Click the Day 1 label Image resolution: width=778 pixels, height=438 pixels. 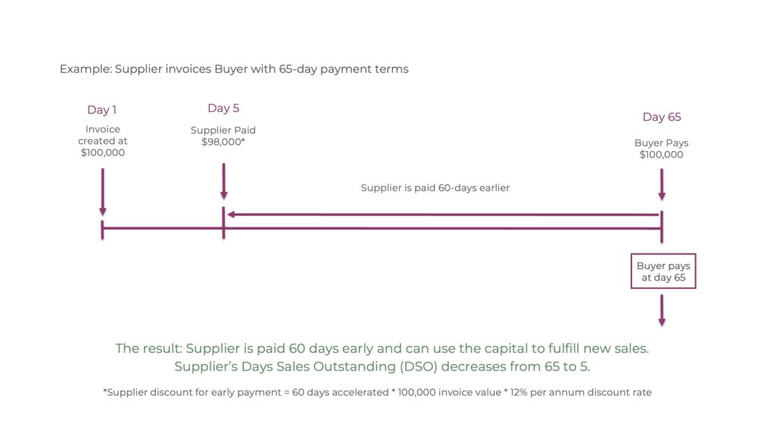tap(102, 109)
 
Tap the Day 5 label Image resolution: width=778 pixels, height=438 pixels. tap(223, 108)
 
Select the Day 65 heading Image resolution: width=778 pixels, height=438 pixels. tap(662, 117)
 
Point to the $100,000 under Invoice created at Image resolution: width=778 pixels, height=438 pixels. tap(103, 153)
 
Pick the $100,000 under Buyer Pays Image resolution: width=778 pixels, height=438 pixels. tap(662, 155)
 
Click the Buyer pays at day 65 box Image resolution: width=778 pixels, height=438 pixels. tap(663, 271)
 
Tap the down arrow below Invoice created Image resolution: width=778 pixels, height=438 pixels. tap(103, 192)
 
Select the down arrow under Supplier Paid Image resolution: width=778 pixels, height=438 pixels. tap(224, 181)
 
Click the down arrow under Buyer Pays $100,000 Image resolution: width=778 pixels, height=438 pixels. tap(662, 184)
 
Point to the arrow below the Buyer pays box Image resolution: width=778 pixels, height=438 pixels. tap(662, 310)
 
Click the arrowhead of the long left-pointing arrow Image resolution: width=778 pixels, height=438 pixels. tap(231, 214)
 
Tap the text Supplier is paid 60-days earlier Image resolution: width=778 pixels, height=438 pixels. tap(435, 188)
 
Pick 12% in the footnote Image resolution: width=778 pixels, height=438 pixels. tap(518, 392)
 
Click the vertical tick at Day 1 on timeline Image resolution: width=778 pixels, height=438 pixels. tap(103, 229)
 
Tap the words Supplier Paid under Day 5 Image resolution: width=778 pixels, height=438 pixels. tap(223, 130)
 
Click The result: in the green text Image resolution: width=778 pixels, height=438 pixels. tap(149, 348)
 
